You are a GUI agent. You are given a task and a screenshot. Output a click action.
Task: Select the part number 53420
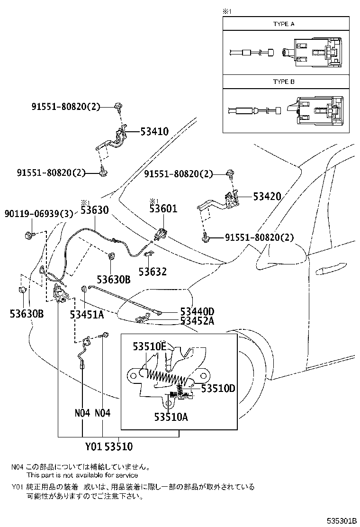(267, 196)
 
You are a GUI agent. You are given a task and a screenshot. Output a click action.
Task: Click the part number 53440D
(197, 311)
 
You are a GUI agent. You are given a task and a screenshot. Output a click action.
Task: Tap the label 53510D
(218, 389)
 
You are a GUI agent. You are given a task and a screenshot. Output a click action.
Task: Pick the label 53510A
(171, 417)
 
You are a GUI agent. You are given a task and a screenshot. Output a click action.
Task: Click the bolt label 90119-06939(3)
(39, 214)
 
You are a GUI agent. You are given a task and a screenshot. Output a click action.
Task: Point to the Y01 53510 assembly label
(108, 446)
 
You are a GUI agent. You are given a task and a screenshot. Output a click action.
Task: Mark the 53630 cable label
(95, 209)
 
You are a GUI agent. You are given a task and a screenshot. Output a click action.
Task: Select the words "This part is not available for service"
(82, 475)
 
